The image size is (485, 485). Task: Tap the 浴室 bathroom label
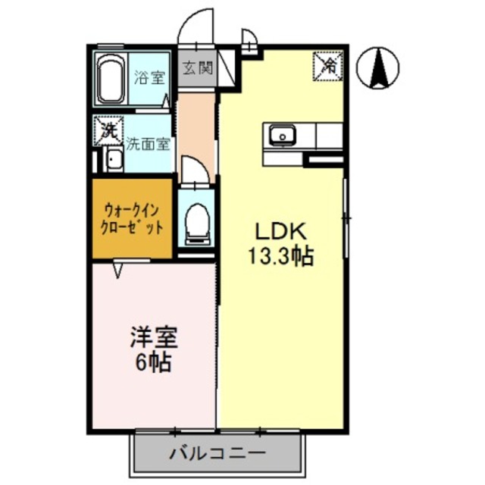(149, 77)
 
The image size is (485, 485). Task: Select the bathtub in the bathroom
(111, 80)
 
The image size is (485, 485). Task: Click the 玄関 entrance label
(196, 69)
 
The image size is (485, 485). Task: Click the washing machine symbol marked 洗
(108, 130)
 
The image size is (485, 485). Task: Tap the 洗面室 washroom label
(148, 142)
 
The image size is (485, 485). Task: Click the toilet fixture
(196, 221)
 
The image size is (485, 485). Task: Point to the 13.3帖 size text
(278, 256)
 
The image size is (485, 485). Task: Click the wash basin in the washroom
(113, 160)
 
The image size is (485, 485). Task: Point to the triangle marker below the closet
(118, 268)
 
